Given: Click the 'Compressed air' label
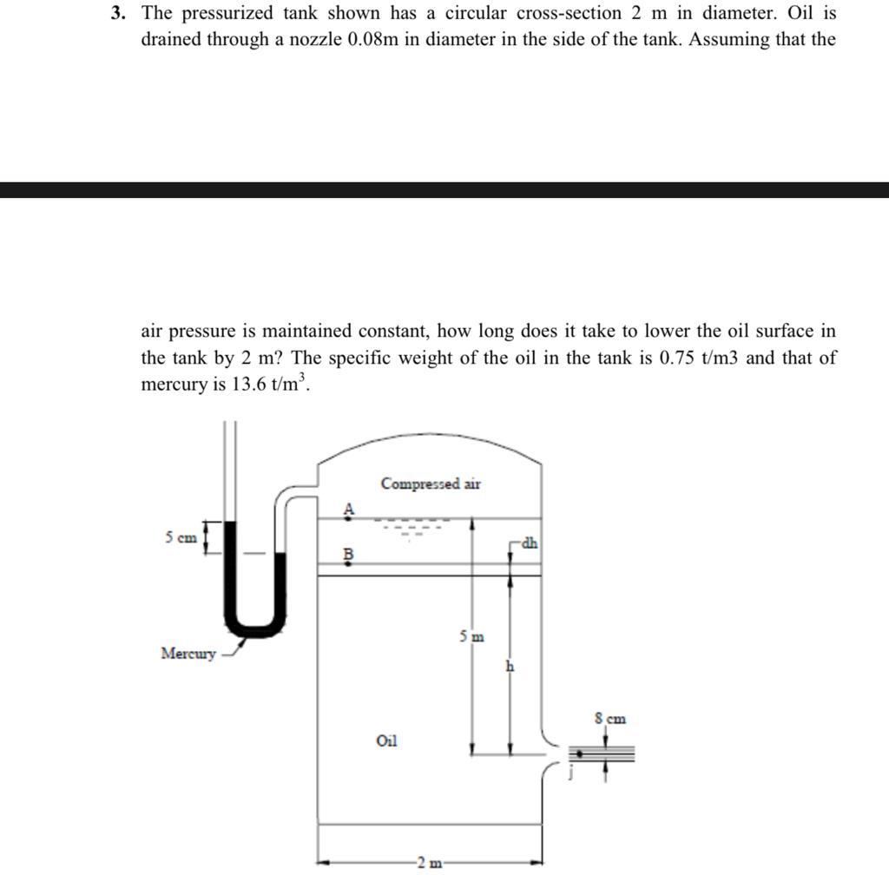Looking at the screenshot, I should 431,484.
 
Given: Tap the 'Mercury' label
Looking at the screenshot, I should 188,653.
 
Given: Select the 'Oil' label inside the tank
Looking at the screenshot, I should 387,740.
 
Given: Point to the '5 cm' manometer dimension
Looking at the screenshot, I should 181,538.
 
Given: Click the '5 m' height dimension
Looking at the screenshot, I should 472,636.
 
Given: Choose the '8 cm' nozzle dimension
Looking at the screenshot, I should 609,719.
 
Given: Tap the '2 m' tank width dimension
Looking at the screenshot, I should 429,862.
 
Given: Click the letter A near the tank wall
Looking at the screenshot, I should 349,510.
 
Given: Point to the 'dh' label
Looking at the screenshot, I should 529,543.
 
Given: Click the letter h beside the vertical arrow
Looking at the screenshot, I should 510,667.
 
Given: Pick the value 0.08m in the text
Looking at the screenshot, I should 372,41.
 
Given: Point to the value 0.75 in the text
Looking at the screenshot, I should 676,358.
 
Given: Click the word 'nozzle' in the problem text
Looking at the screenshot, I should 313,41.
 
